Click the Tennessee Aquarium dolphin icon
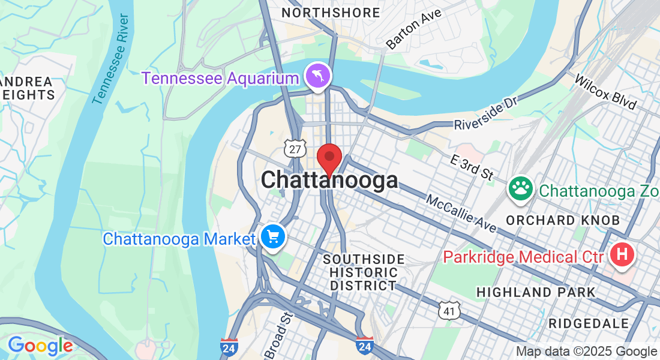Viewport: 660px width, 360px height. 318,76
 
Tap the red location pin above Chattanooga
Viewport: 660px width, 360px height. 329,158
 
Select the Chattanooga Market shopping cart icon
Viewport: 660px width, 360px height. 274,238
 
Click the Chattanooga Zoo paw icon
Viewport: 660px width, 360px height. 521,189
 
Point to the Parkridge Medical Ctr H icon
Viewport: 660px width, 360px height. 622,256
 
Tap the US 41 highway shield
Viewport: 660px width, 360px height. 449,310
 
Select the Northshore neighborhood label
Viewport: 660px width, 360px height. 331,13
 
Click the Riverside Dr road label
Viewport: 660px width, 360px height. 485,114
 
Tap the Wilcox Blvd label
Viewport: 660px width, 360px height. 605,92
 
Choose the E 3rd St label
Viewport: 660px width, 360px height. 472,166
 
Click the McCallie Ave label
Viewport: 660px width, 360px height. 461,213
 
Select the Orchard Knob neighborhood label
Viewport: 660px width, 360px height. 562,220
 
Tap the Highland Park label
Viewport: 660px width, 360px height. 536,292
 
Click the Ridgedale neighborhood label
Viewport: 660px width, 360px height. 589,323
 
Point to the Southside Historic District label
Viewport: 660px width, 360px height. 364,272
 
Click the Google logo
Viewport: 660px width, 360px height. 40,346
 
